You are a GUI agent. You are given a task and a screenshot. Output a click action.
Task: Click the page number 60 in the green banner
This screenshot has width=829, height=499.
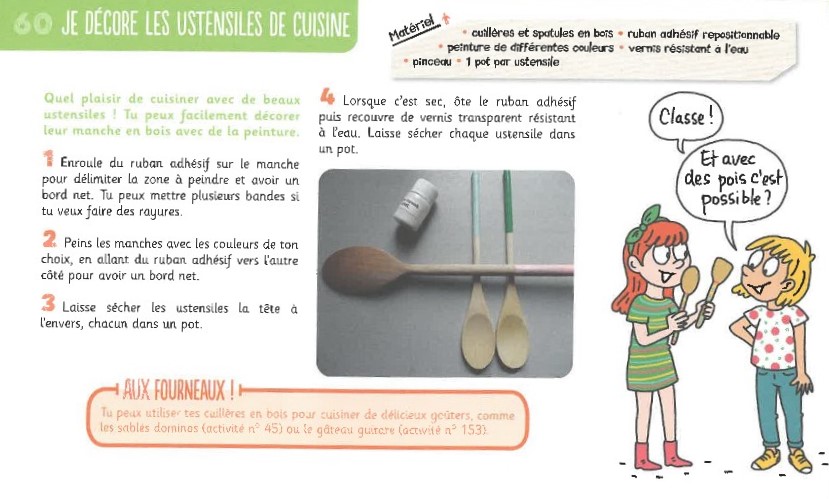pyautogui.click(x=33, y=23)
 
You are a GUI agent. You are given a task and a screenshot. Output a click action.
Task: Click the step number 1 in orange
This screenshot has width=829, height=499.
pyautogui.click(x=49, y=159)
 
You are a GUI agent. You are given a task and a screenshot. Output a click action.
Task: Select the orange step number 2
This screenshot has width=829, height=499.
pyautogui.click(x=49, y=239)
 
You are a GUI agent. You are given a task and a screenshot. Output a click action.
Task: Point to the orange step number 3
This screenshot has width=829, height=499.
pyautogui.click(x=48, y=303)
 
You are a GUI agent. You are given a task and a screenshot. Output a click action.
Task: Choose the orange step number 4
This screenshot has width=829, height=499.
pyautogui.click(x=327, y=96)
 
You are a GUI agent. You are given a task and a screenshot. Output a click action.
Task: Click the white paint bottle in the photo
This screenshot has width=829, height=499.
pyautogui.click(x=415, y=202)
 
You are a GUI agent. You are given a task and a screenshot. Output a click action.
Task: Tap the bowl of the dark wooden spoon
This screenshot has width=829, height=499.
pyautogui.click(x=362, y=270)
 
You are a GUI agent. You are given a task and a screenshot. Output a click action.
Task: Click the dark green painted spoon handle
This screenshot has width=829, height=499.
pyautogui.click(x=508, y=202)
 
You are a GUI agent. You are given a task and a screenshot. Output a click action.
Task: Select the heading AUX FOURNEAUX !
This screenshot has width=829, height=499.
pyautogui.click(x=178, y=391)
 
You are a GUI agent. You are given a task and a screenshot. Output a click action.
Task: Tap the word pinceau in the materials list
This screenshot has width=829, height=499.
pyautogui.click(x=431, y=62)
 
